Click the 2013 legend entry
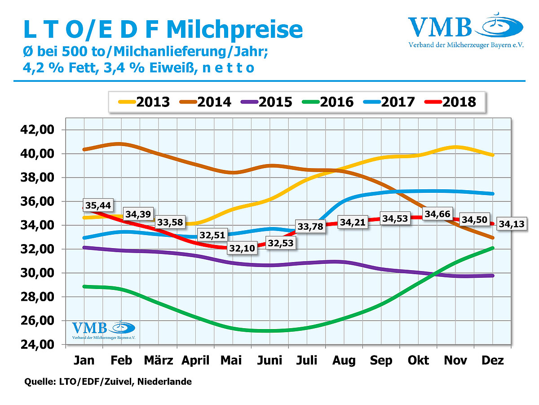pos(144,102)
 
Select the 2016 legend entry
pos(327,102)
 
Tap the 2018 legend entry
pos(449,102)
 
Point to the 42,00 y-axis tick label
pos(38,130)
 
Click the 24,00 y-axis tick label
pos(38,345)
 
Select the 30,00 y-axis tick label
pos(38,273)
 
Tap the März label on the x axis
pos(159,360)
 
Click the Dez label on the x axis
pos(493,360)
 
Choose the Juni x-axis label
pos(270,360)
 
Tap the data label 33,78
pos(309,227)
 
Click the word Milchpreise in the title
pos(234,30)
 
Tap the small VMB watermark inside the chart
pos(98,330)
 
